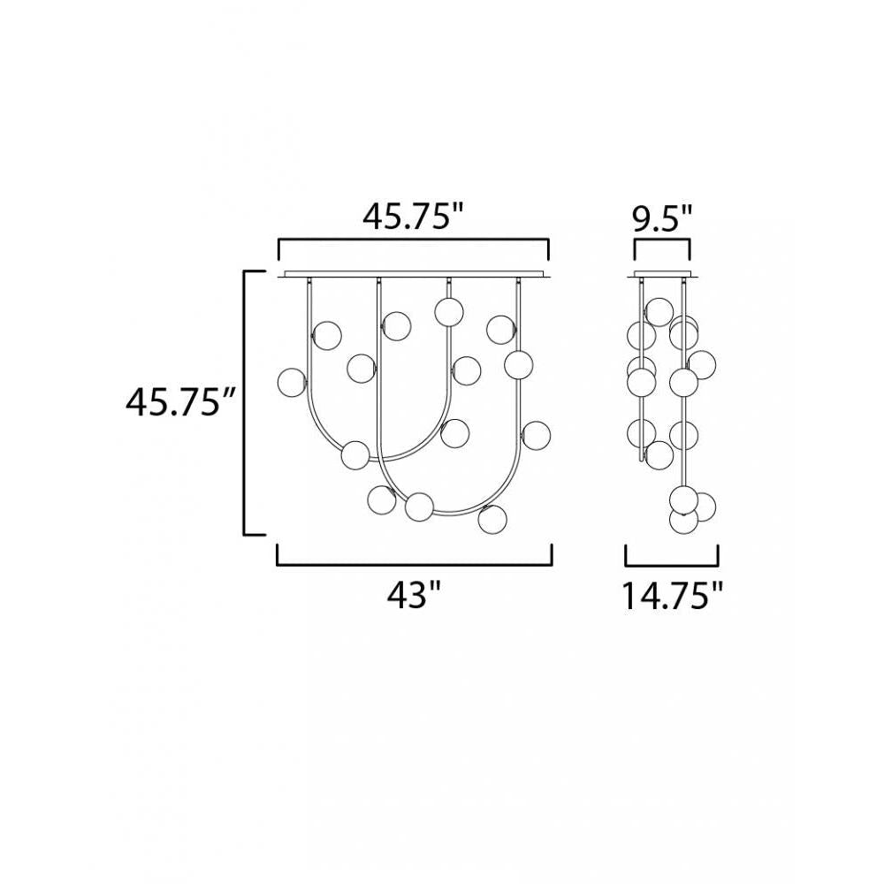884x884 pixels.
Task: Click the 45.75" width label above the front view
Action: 414,217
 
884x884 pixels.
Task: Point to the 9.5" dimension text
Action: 663,217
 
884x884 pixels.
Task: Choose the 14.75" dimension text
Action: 672,596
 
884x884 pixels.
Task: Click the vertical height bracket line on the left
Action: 245,402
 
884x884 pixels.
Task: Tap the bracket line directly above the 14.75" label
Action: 672,564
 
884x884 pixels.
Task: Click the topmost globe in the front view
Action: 449,310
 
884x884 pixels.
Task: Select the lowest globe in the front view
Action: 492,519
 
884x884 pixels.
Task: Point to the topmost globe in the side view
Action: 659,311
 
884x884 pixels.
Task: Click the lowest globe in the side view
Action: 683,521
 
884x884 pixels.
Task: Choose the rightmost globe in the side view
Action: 702,363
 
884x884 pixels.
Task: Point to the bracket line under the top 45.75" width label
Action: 414,240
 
